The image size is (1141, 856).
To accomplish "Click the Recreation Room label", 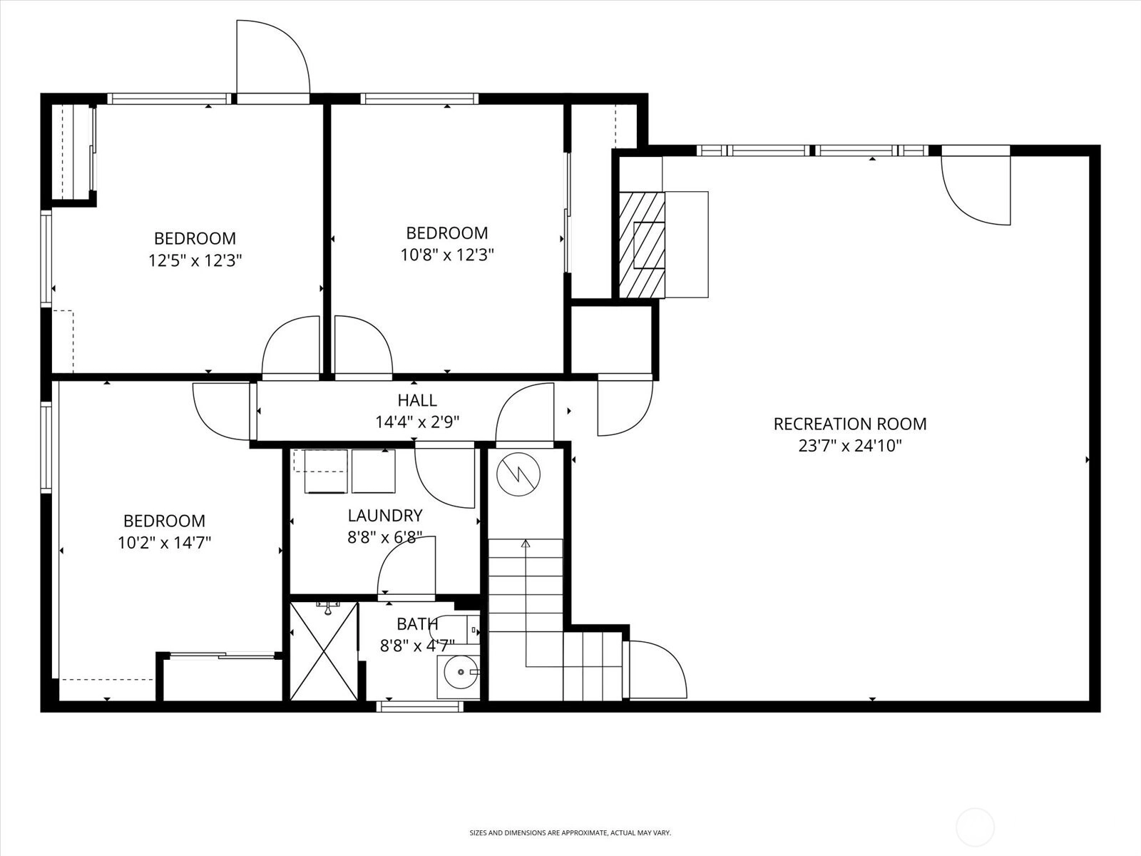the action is pyautogui.click(x=850, y=424).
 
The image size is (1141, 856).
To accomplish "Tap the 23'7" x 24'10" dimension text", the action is pyautogui.click(x=850, y=446).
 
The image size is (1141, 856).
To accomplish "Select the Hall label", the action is pyautogui.click(x=417, y=400).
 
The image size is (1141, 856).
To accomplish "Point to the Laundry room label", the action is pyautogui.click(x=384, y=516).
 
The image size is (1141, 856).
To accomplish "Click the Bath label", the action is pyautogui.click(x=417, y=623).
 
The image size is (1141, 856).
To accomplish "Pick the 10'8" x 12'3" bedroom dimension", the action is pyautogui.click(x=447, y=255).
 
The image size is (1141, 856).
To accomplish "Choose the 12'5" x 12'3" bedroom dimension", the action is pyautogui.click(x=195, y=260).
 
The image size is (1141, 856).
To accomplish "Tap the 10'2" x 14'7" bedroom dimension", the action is pyautogui.click(x=164, y=543).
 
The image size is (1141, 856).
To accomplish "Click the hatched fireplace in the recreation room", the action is pyautogui.click(x=641, y=245).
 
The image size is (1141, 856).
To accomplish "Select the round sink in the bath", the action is pyautogui.click(x=461, y=672).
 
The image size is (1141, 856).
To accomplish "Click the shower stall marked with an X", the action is pyautogui.click(x=324, y=651).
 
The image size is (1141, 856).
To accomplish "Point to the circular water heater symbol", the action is pyautogui.click(x=518, y=474).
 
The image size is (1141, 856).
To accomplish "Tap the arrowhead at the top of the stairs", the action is pyautogui.click(x=526, y=544).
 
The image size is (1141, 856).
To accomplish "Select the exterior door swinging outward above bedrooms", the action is pyautogui.click(x=273, y=56).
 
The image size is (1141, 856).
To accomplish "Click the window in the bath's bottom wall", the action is pyautogui.click(x=419, y=706).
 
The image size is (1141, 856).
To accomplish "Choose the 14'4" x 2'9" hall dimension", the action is pyautogui.click(x=417, y=422).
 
